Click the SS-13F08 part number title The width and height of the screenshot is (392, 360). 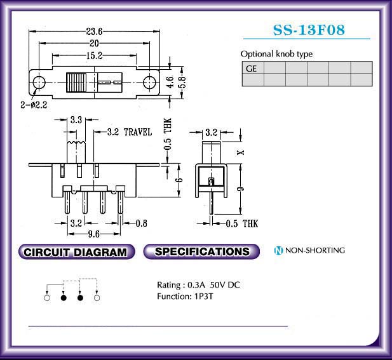click(x=309, y=30)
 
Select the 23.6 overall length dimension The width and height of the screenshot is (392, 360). click(x=94, y=32)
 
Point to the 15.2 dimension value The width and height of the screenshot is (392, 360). click(x=94, y=56)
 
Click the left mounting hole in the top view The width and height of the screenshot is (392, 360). click(x=39, y=83)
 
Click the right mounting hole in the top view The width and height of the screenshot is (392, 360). click(x=149, y=83)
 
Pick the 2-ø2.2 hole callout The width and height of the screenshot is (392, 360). click(x=34, y=105)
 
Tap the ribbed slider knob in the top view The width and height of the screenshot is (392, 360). click(x=76, y=83)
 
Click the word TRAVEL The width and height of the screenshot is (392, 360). click(x=138, y=132)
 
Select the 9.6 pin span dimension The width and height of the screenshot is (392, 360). click(x=94, y=234)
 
